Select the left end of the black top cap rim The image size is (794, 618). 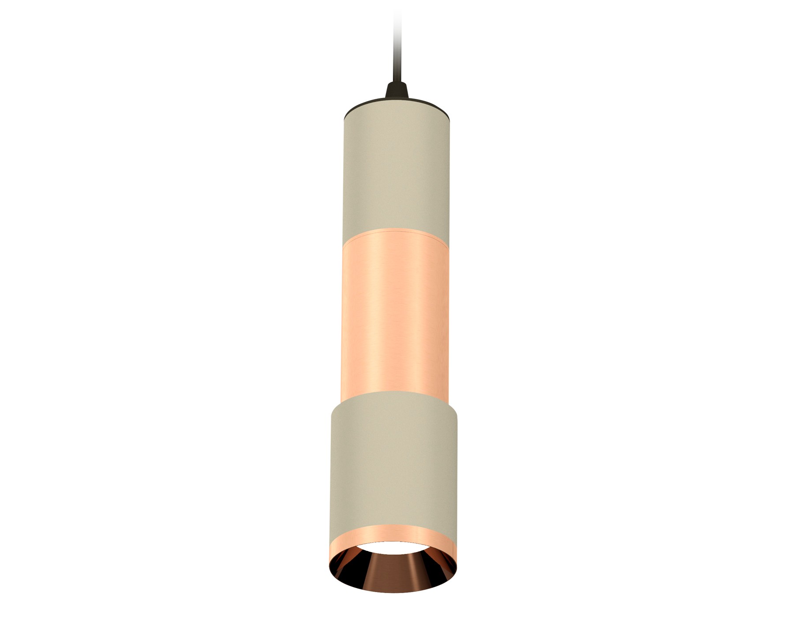tap(345, 118)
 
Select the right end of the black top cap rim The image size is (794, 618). tap(450, 118)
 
